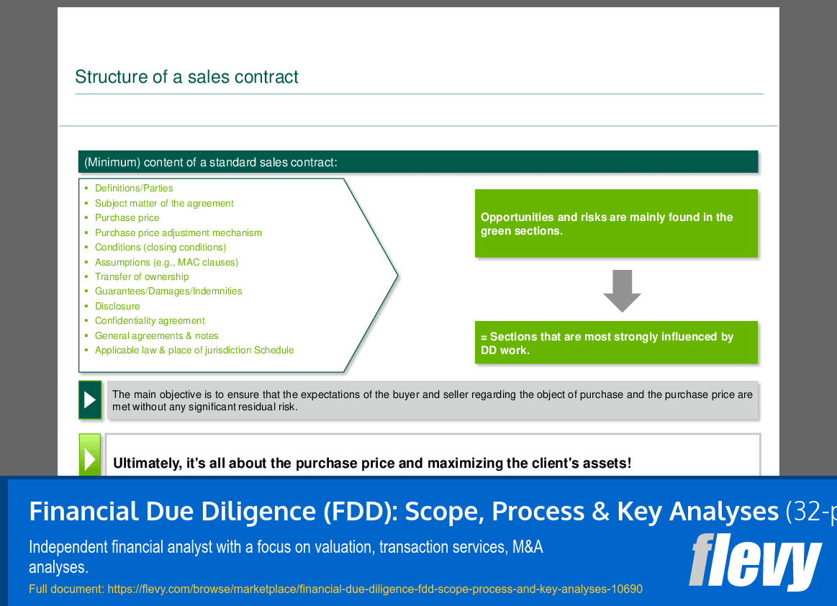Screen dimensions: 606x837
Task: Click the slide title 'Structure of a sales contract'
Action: click(x=186, y=77)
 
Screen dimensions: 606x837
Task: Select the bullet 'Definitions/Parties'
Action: click(x=134, y=189)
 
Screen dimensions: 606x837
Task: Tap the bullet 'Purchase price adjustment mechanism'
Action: click(x=178, y=233)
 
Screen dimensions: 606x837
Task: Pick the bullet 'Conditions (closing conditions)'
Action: click(x=160, y=248)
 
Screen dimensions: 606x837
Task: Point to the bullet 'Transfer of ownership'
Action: click(x=142, y=277)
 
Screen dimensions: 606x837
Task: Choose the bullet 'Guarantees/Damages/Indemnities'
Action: click(x=168, y=291)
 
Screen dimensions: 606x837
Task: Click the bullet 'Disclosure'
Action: click(x=117, y=307)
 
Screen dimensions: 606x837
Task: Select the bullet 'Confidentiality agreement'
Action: click(x=150, y=321)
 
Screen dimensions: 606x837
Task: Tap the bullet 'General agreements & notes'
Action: click(x=156, y=336)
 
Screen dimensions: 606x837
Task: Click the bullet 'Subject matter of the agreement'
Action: click(x=164, y=204)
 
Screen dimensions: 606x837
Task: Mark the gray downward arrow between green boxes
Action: click(x=621, y=290)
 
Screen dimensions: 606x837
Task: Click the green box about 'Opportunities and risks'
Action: click(x=616, y=223)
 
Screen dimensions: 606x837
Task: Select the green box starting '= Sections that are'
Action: click(x=616, y=343)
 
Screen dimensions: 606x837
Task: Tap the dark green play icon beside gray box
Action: click(x=90, y=400)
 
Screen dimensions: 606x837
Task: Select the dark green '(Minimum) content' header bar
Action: click(x=417, y=162)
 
